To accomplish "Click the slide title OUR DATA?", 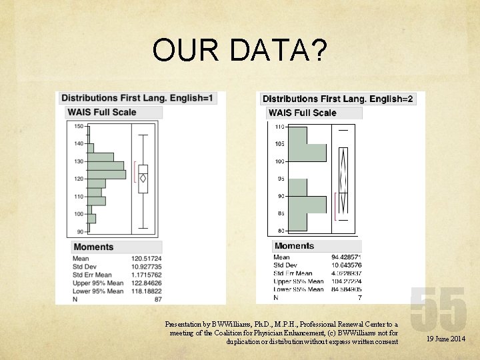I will click(239, 51).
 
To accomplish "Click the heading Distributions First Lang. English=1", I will click(138, 99).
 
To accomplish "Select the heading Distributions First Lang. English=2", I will click(338, 99).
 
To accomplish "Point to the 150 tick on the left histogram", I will click(79, 126).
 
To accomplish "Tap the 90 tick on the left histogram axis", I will click(79, 231).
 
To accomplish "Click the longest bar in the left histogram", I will click(107, 175).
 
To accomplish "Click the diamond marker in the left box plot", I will click(143, 179).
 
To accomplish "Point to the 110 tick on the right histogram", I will click(279, 127).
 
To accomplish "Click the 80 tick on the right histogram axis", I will click(281, 231).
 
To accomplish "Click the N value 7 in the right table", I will click(359, 297).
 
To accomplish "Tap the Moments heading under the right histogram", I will click(294, 246).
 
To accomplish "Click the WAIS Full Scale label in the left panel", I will click(102, 112).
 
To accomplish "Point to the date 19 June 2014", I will click(445, 339).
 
